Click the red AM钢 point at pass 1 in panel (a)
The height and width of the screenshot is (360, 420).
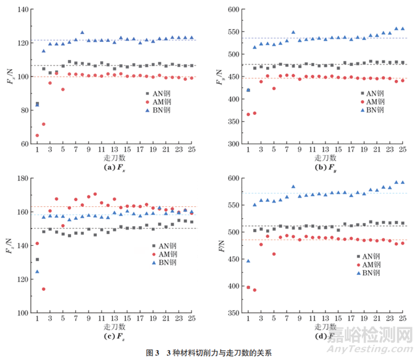[x=37, y=135]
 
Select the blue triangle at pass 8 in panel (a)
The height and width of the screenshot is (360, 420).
[x=82, y=33]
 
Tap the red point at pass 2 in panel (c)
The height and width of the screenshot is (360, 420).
[x=44, y=289]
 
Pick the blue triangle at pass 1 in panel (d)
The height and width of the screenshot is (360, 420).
[x=248, y=261]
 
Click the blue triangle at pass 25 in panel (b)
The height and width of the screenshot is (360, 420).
[x=403, y=28]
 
